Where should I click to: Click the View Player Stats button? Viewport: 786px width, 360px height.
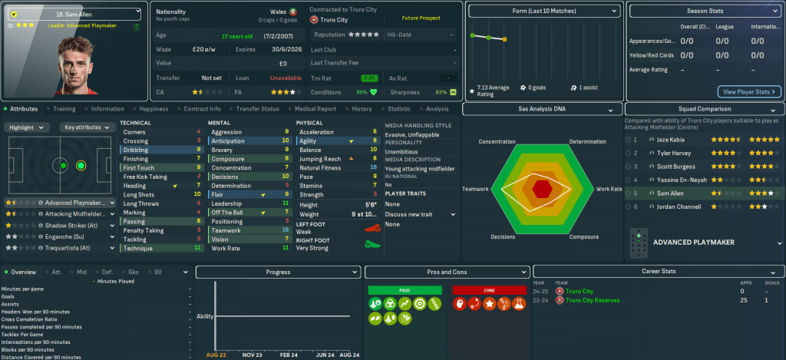(748, 91)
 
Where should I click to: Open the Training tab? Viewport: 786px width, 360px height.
(64, 109)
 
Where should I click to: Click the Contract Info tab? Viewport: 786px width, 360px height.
(203, 109)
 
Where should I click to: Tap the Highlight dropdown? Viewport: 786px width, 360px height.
(29, 127)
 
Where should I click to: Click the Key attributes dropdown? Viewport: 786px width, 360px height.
(84, 127)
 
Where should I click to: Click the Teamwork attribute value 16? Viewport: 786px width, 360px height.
(285, 230)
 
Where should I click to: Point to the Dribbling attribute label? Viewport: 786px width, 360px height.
(137, 150)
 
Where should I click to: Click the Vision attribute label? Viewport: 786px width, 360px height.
(221, 239)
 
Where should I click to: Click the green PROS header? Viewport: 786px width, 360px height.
(405, 290)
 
